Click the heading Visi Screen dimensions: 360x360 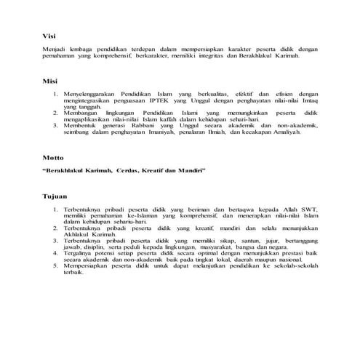coord(49,35)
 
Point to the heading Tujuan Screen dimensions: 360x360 coord(55,196)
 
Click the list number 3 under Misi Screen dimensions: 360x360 coord(56,125)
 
